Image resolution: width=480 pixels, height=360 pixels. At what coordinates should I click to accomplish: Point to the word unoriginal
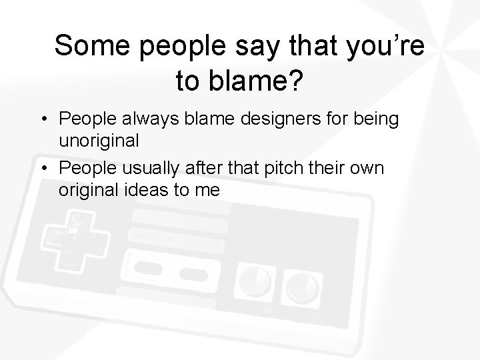(x=99, y=141)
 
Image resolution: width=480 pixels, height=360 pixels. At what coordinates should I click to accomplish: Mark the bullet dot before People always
(x=42, y=119)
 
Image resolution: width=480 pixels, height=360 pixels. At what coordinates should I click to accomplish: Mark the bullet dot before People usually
(x=42, y=169)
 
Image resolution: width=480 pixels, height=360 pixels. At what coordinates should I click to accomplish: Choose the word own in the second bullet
(x=365, y=168)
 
